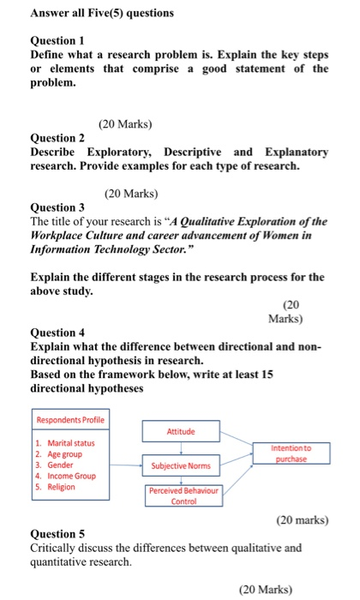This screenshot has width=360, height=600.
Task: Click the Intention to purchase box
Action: click(x=291, y=453)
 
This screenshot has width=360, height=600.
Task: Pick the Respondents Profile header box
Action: click(x=70, y=419)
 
